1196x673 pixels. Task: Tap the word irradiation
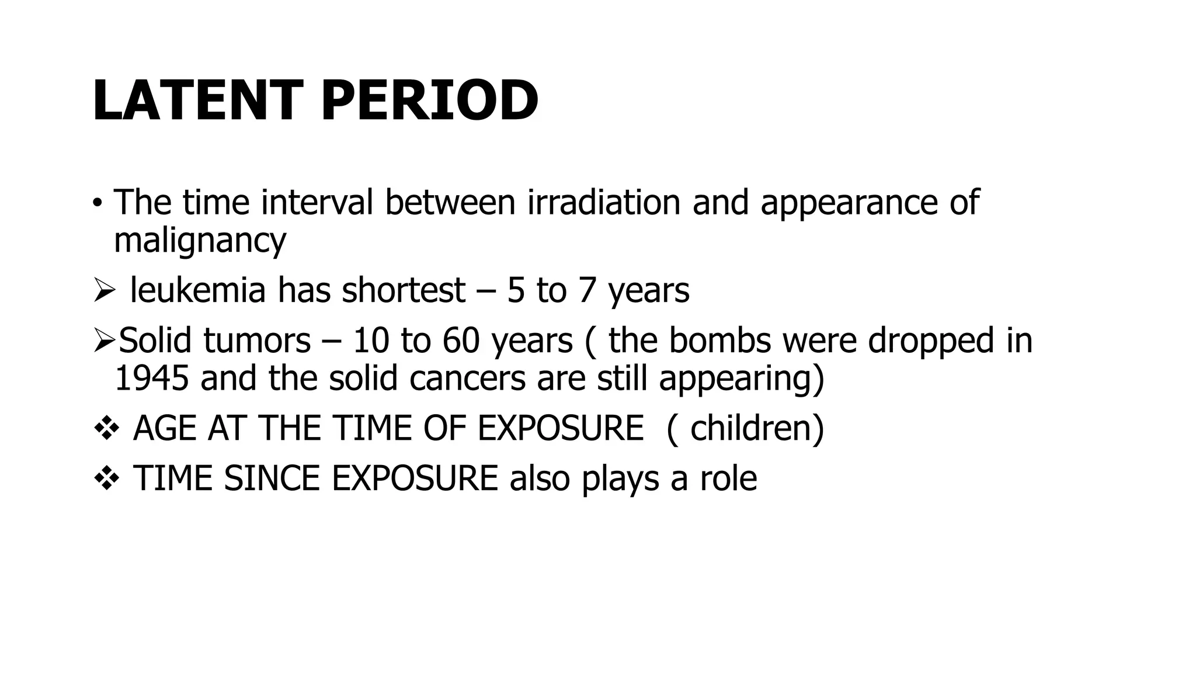[604, 202]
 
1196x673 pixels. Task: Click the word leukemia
[197, 290]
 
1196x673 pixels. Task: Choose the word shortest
[403, 290]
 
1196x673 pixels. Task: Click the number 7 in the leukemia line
[586, 290]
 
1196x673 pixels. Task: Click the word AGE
[164, 428]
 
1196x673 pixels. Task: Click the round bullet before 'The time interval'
[97, 204]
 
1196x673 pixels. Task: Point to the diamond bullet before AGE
[106, 429]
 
